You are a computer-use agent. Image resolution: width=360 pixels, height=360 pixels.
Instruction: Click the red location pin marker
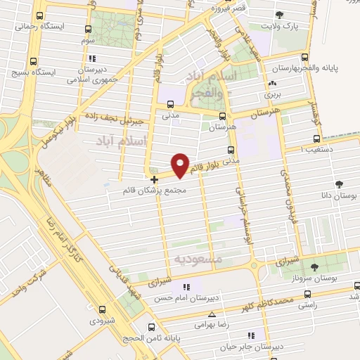(x=181, y=165)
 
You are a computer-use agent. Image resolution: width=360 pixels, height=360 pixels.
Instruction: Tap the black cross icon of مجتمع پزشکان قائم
(x=154, y=180)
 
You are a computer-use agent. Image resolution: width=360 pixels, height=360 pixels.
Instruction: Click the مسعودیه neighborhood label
(x=198, y=259)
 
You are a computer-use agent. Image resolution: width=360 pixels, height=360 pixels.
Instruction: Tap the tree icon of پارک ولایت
(x=281, y=15)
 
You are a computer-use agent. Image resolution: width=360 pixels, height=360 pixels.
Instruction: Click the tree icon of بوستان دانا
(x=339, y=185)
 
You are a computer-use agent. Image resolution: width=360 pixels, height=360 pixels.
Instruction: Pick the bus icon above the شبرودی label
(x=103, y=309)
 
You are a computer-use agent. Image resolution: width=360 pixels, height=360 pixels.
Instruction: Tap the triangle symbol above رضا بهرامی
(x=212, y=315)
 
